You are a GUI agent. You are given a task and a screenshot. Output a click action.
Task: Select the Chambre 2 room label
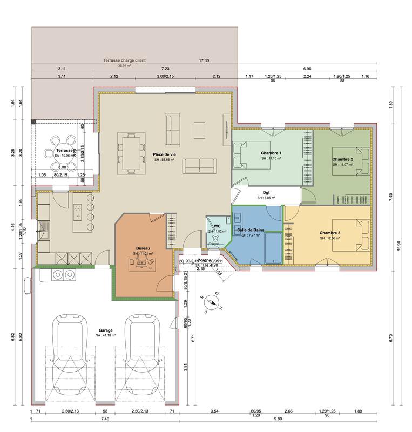click(343, 159)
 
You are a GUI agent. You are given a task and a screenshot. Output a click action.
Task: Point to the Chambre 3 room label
click(329, 233)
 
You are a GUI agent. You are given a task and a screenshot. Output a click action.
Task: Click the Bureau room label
click(143, 248)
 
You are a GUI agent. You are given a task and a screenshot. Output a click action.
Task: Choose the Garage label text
click(106, 330)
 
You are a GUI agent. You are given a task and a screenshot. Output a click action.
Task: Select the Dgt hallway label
click(266, 192)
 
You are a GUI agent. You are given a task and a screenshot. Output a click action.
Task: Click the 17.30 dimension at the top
click(204, 61)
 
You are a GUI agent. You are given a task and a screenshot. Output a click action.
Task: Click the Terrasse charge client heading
click(125, 61)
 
